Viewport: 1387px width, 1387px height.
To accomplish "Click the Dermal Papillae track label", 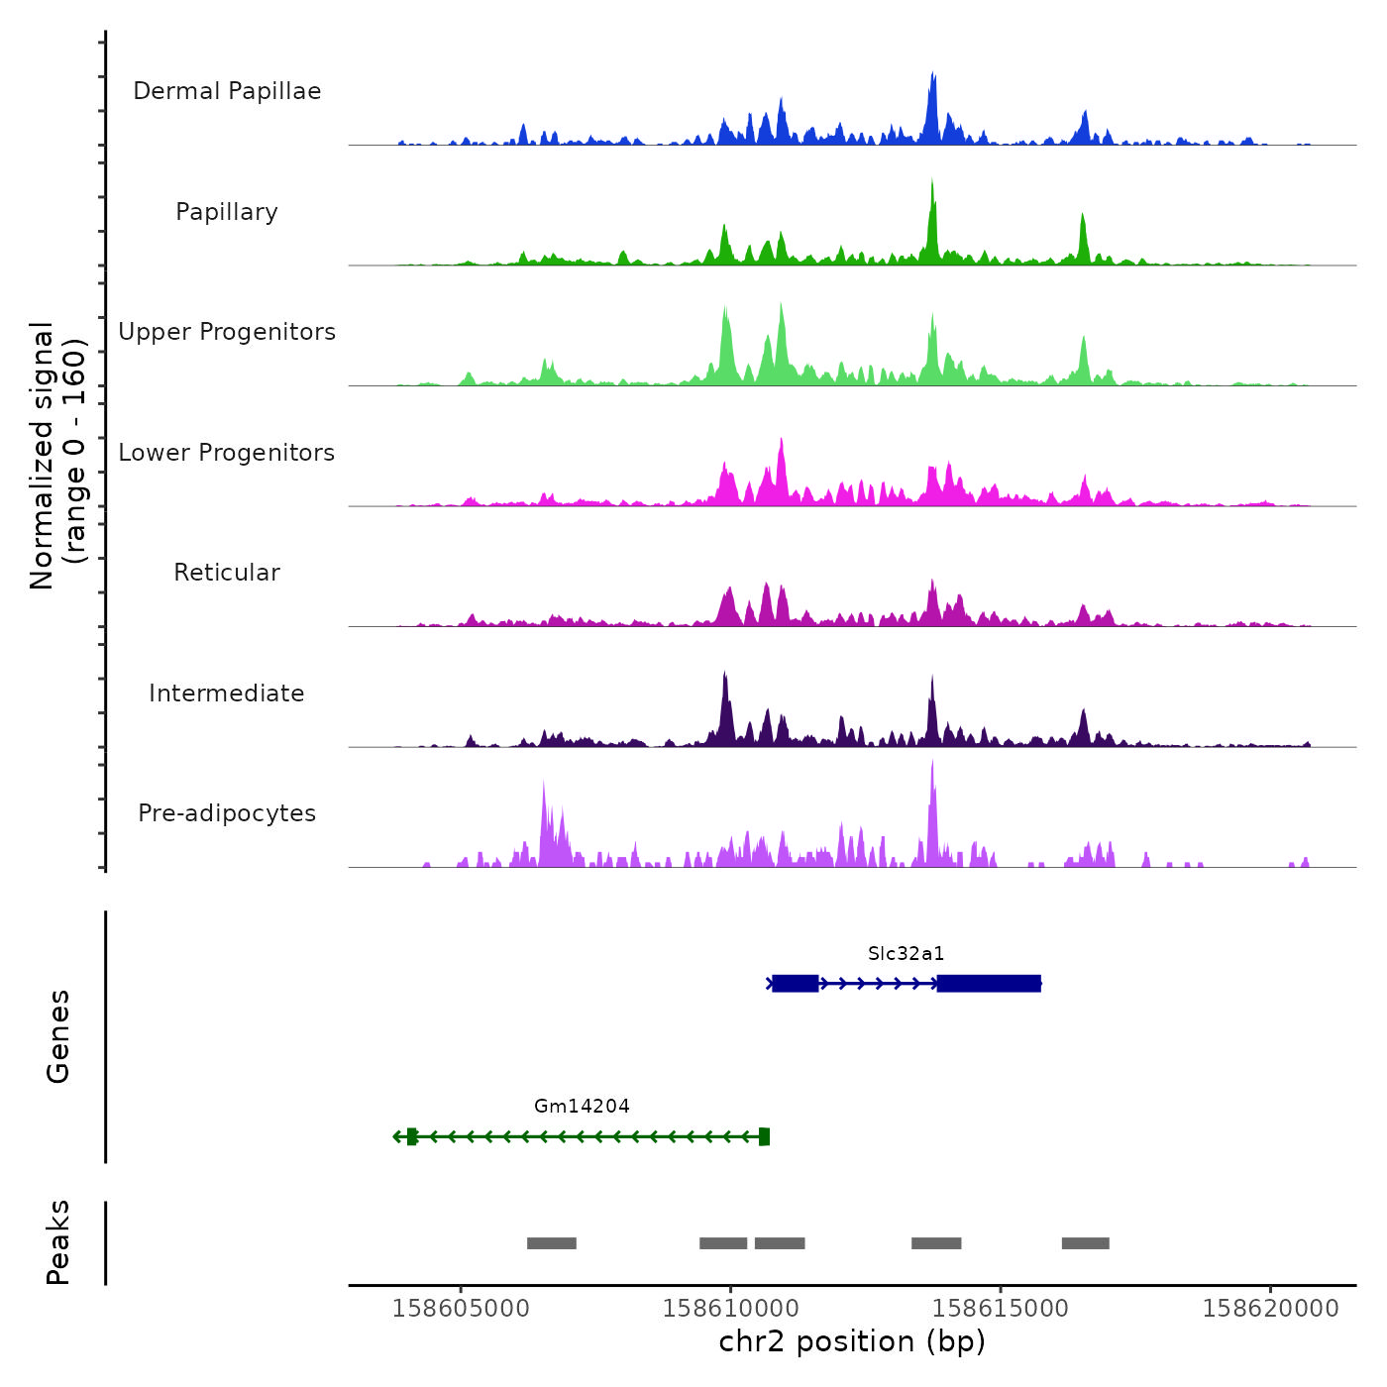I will (227, 91).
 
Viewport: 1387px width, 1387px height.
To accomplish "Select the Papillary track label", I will (227, 212).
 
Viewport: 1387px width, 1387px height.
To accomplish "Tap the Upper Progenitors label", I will (227, 332).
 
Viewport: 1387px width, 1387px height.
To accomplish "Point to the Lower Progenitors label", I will (227, 453).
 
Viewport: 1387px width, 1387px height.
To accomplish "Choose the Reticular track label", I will (227, 573).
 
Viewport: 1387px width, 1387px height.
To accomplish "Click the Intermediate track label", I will (227, 693).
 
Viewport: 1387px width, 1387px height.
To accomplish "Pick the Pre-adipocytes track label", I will (227, 813).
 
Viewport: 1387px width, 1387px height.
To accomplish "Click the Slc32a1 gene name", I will (906, 954).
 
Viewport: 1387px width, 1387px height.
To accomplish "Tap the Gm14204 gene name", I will (582, 1107).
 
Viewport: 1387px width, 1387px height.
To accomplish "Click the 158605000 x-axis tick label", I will (461, 1309).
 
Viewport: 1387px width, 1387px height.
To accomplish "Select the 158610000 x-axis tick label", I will (731, 1309).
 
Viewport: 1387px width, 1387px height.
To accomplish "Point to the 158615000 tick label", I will (1001, 1309).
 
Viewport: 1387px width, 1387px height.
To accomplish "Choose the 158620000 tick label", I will (1270, 1309).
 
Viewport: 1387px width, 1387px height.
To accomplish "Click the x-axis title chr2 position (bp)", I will (852, 1342).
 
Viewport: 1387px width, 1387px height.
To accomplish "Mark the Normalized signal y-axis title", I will (57, 456).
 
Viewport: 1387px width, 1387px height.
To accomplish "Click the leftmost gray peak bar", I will (552, 1243).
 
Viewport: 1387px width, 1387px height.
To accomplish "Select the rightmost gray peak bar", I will (1086, 1243).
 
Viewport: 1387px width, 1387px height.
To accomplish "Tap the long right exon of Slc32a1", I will (989, 984).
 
